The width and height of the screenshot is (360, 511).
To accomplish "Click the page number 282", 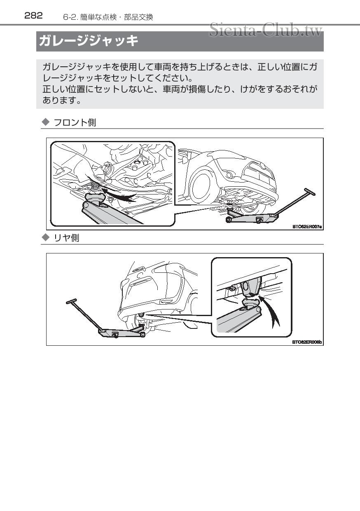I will [34, 16].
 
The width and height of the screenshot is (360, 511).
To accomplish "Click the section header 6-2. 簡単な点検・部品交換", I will [108, 17].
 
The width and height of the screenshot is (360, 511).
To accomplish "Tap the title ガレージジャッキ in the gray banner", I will [88, 41].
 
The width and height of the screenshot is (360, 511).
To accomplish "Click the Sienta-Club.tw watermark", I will [265, 30].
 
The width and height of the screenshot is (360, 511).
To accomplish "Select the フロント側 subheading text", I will [75, 122].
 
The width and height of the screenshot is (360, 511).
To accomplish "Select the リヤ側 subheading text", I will [67, 238].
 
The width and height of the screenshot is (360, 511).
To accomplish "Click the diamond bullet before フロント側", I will [46, 122].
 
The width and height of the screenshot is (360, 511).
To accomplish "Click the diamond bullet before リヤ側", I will [46, 238].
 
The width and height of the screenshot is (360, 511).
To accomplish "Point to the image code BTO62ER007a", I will [307, 226].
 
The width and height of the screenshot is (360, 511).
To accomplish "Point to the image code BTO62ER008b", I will [307, 342].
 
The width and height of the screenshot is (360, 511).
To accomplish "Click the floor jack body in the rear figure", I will [119, 332].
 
